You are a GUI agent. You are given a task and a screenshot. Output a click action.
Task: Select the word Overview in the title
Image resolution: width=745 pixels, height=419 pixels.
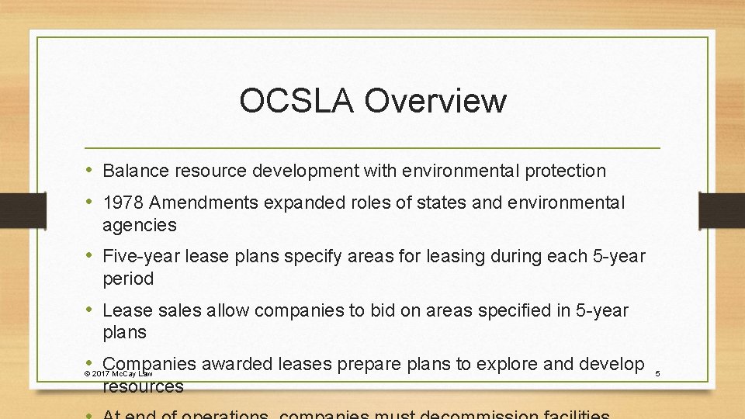tap(434, 101)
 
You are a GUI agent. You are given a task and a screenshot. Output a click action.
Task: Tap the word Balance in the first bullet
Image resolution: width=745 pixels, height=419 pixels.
tap(133, 170)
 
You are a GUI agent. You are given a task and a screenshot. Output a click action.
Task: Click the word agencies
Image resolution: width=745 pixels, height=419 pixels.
tap(140, 226)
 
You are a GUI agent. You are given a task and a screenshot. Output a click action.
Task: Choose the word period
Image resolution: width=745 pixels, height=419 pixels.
tap(128, 279)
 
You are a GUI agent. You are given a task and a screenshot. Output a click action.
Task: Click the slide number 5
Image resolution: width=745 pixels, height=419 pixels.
tap(657, 375)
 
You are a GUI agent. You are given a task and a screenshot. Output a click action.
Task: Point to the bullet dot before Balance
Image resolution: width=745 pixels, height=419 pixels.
tap(91, 169)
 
